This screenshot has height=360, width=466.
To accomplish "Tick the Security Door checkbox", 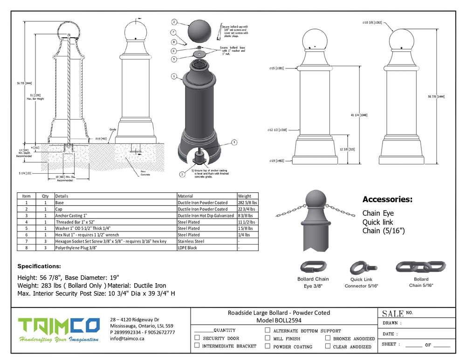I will pyautogui.click(x=197, y=338).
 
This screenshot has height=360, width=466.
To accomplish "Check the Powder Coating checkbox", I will pyautogui.click(x=267, y=346).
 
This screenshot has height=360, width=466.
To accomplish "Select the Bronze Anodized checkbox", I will pyautogui.click(x=328, y=338).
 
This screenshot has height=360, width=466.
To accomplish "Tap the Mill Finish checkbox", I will pyautogui.click(x=267, y=338).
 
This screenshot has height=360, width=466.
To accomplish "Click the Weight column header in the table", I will pyautogui.click(x=245, y=196).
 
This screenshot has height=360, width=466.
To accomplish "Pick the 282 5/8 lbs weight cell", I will pyautogui.click(x=247, y=203).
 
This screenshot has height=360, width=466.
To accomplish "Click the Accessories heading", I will pyautogui.click(x=387, y=199).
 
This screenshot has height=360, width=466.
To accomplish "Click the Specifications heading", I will pyautogui.click(x=39, y=266).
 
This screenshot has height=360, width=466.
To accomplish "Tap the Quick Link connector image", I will pyautogui.click(x=361, y=268).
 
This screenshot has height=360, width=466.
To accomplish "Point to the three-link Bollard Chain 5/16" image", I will pyautogui.click(x=421, y=267).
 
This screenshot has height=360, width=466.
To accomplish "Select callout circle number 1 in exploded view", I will pyautogui.click(x=173, y=75).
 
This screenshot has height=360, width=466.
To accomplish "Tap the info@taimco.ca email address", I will pyautogui.click(x=127, y=339).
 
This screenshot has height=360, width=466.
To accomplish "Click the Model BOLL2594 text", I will pyautogui.click(x=279, y=321).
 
